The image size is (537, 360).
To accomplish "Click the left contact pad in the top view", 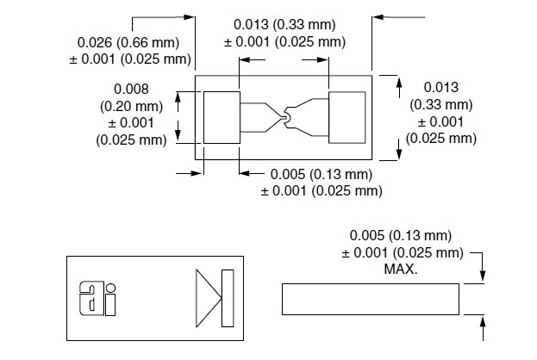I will (222, 116).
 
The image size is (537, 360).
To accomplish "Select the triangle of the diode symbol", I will (208, 297).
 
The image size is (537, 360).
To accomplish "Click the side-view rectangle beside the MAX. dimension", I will (371, 300).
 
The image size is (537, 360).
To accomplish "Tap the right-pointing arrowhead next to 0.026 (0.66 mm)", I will (190, 15).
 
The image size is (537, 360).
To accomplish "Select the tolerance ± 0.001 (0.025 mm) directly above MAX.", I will (401, 253).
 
